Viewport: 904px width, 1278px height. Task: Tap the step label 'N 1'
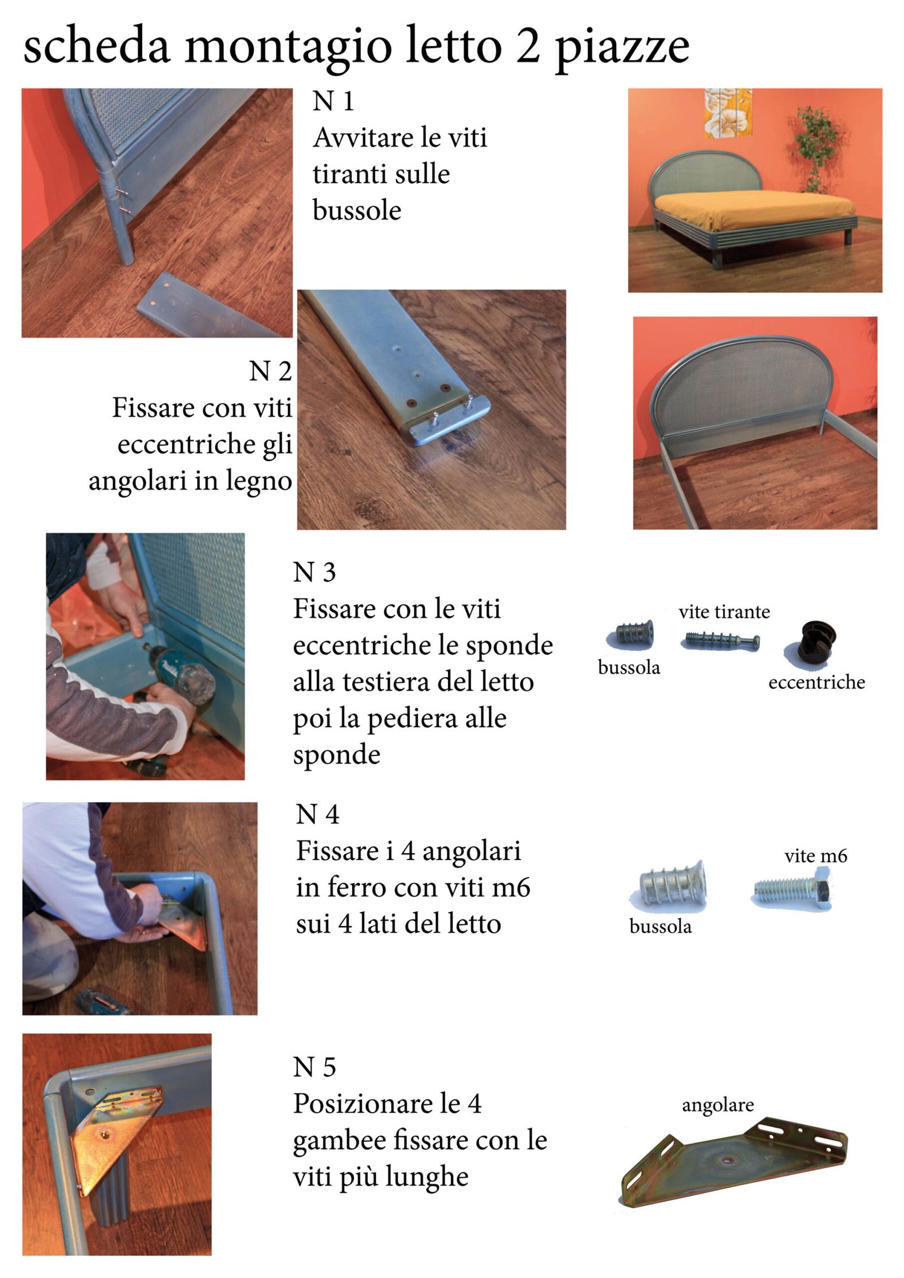333,102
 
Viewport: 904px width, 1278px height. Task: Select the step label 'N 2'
270,372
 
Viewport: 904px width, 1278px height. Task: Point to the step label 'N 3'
314,572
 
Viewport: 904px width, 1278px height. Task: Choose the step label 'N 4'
317,814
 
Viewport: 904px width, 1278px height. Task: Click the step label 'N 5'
314,1067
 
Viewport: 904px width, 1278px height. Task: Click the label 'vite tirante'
724,612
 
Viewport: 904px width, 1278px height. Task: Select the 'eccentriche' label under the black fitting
816,682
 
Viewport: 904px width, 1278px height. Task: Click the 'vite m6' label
815,856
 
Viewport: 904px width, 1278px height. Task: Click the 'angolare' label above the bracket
718,1105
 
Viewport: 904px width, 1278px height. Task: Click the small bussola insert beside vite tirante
633,634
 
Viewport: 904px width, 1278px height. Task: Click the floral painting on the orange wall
728,113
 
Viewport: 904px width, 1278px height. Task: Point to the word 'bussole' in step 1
357,211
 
